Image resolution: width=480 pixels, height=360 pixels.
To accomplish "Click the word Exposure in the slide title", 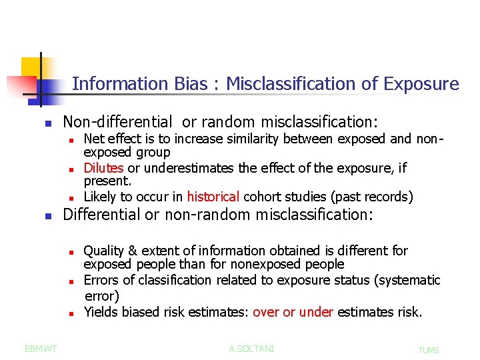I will (x=421, y=84).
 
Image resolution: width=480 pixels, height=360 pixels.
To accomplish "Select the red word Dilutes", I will (x=103, y=168).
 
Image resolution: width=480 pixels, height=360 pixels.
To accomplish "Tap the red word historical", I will (x=213, y=197).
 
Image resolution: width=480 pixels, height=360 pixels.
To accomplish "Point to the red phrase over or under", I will (x=293, y=312).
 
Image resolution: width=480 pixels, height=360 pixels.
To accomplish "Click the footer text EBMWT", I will (x=41, y=349).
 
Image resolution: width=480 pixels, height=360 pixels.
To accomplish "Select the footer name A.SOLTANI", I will (x=251, y=349).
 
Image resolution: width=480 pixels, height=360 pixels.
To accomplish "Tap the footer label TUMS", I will (x=429, y=350).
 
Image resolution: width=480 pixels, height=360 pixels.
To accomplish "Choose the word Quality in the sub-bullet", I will (x=105, y=251).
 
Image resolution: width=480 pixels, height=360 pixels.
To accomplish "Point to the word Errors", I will (x=102, y=280).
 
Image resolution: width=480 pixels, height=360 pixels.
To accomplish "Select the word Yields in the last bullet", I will (x=101, y=312).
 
